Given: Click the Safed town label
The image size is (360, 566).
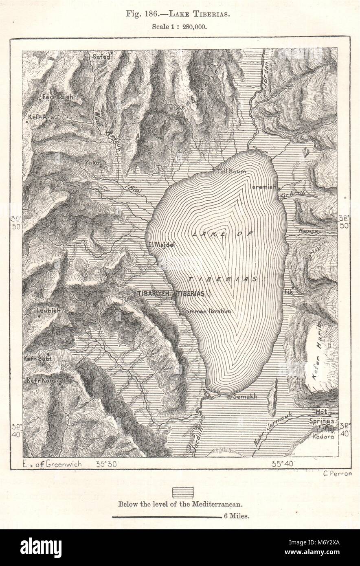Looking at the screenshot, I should [x=101, y=57].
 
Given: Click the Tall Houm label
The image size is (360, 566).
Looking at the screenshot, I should [x=231, y=171].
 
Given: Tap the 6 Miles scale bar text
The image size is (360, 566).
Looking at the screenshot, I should [x=237, y=516].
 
